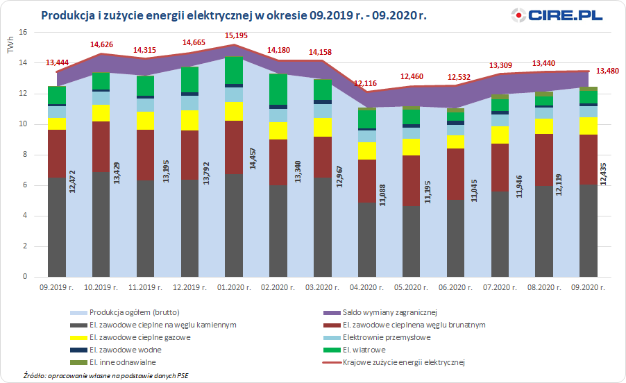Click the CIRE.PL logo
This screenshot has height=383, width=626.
pos(557,15)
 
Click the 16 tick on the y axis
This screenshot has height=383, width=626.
pos(23,33)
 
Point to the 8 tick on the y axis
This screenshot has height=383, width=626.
pos(24,155)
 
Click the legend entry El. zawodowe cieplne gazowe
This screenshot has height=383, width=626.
pos(130,337)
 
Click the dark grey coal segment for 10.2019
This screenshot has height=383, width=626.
pos(100,225)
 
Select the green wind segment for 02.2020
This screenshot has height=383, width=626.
pos(277,89)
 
